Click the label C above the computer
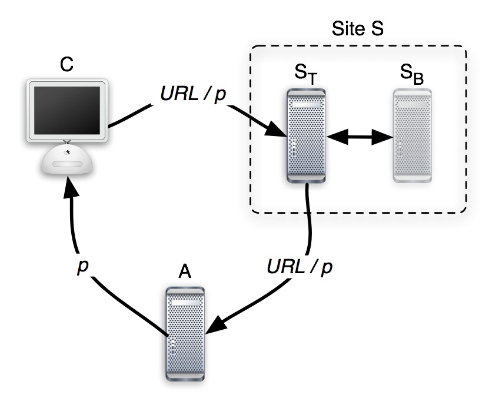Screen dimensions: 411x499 [67, 65]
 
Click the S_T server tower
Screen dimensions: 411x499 [306, 135]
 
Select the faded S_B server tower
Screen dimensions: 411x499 [412, 135]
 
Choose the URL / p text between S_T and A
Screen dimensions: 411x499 [300, 266]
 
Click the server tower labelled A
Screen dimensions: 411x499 [185, 333]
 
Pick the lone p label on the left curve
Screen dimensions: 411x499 [83, 266]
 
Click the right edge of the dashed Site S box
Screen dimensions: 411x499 [467, 130]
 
